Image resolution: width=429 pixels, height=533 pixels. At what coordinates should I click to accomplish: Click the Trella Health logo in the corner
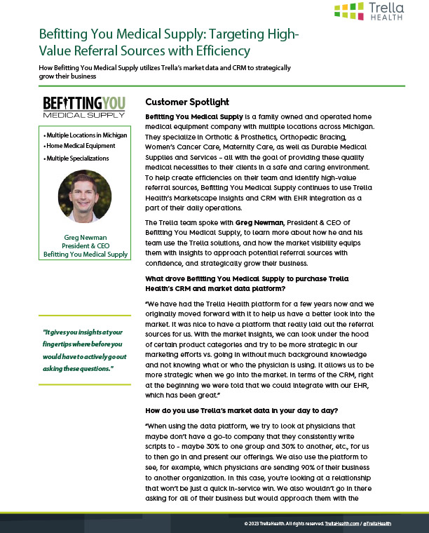369,12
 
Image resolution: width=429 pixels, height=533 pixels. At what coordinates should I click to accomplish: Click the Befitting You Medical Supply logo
85,106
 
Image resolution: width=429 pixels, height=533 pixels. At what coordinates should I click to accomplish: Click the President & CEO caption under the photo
86,245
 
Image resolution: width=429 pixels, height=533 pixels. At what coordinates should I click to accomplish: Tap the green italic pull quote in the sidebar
85,351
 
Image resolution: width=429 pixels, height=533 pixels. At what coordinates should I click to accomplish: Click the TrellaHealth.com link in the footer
343,524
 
